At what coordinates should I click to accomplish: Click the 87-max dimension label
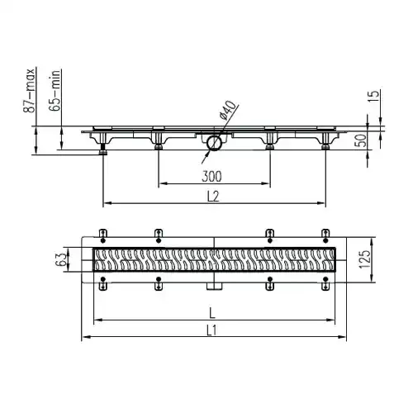(29, 91)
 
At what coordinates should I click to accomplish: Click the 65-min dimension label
(55, 91)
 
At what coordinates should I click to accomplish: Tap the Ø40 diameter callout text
(228, 111)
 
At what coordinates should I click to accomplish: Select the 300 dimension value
(211, 177)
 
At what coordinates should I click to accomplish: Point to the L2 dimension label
(213, 197)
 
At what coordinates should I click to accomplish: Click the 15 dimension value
(374, 96)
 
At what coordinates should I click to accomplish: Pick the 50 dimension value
(362, 140)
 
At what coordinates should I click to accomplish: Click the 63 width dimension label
(61, 259)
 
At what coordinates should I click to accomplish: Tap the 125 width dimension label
(364, 259)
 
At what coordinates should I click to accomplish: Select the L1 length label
(211, 331)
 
